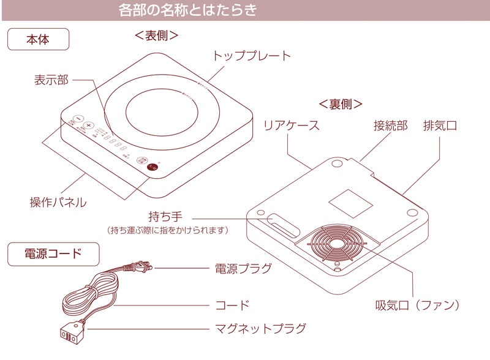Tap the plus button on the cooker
point(89,125)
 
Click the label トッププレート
point(252,56)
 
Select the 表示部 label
point(51,80)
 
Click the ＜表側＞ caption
point(157,36)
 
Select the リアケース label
point(291,126)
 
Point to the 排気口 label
point(440,126)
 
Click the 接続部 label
point(390,126)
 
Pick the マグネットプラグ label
point(260,329)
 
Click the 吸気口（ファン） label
point(417,304)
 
